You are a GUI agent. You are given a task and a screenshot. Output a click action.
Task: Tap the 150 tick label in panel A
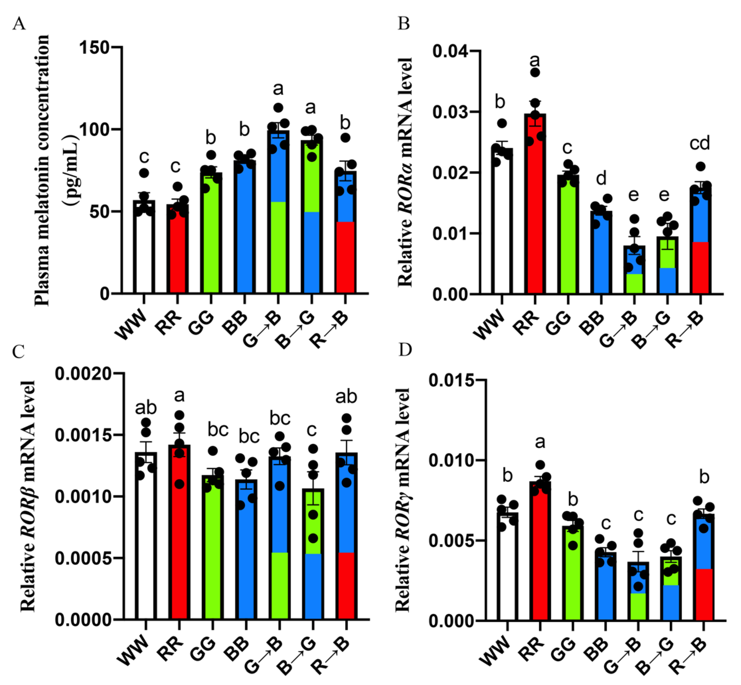[x=94, y=47]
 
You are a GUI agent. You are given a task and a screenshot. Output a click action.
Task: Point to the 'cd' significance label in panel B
[x=699, y=143]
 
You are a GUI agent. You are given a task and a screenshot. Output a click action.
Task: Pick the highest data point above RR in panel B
[x=535, y=72]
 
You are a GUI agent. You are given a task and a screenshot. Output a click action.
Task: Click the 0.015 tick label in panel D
[x=451, y=380]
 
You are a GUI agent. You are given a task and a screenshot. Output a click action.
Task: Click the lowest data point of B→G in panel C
[x=313, y=538]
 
